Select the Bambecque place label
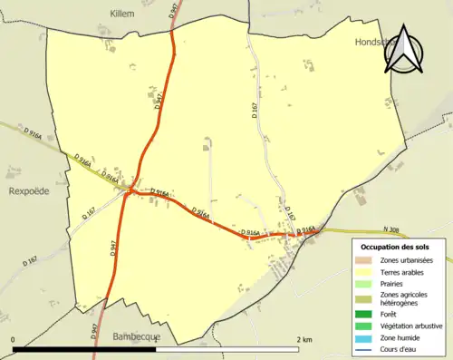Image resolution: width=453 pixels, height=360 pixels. pyautogui.click(x=136, y=336)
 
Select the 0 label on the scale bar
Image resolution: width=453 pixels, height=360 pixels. pyautogui.click(x=14, y=339)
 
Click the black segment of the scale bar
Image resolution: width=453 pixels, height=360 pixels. pyautogui.click(x=86, y=349)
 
